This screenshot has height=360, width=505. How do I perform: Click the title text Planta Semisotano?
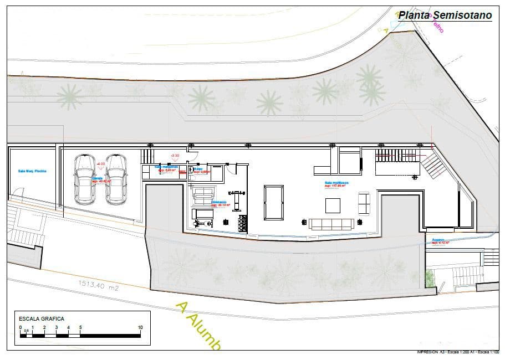point(445,16)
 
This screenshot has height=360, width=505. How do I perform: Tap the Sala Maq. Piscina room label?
point(32,171)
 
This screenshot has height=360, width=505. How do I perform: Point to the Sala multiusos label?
point(336,182)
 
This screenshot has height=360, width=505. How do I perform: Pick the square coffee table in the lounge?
point(333,205)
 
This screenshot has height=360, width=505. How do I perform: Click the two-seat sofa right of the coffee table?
point(364,203)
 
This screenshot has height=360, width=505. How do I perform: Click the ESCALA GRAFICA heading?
point(42,319)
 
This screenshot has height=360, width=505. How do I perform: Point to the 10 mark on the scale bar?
point(140,327)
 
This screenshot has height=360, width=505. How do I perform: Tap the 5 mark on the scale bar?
point(80,327)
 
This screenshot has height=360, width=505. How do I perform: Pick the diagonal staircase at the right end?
point(432,165)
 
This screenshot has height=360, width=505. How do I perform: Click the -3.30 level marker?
point(175,156)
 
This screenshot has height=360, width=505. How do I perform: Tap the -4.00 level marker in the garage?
point(101,164)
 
